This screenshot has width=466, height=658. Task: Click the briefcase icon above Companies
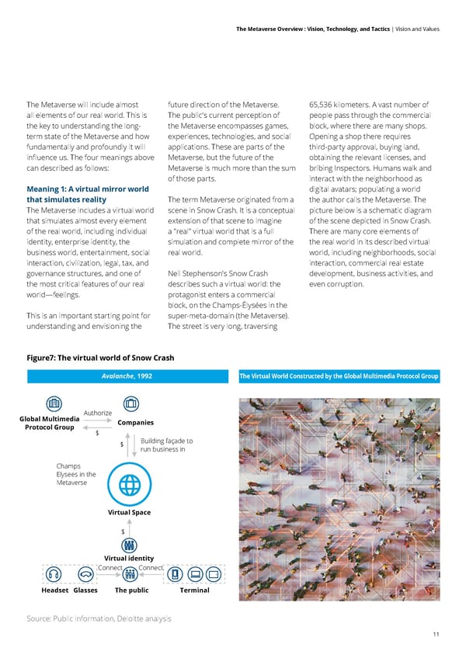(x=131, y=404)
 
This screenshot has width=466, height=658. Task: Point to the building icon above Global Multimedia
(x=54, y=404)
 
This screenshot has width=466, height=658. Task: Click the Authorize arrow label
(x=98, y=412)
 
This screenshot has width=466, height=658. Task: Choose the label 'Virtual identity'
(x=129, y=559)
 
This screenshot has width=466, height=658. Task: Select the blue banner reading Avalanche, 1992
(x=129, y=377)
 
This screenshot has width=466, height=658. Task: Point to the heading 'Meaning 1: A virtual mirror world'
(x=88, y=189)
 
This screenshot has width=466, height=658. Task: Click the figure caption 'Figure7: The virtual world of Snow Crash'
(x=100, y=358)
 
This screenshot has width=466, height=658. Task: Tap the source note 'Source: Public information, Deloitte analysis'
(x=99, y=618)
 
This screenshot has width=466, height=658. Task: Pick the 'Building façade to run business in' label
(x=167, y=445)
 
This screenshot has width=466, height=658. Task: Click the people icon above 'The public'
(x=130, y=543)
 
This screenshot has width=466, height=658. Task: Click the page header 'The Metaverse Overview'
(x=277, y=29)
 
